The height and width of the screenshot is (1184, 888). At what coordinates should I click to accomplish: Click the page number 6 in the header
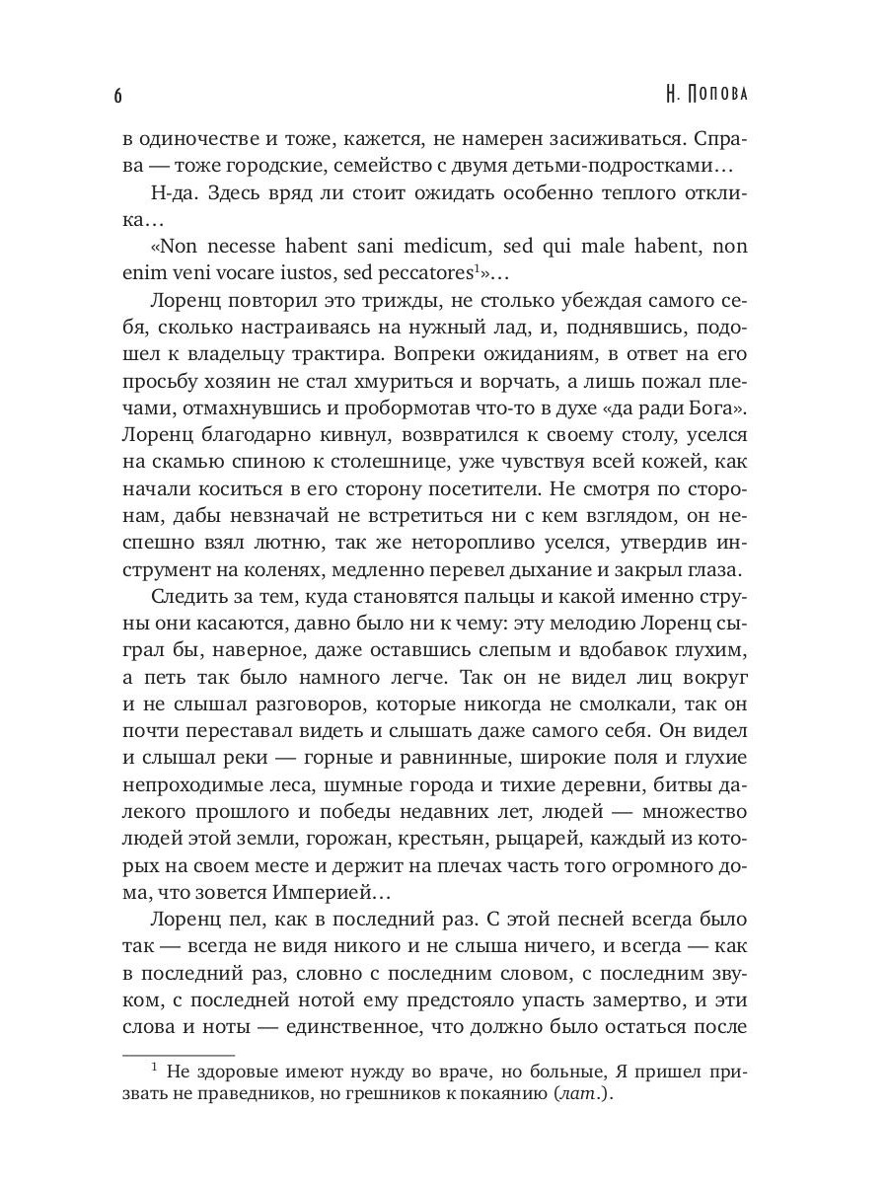coord(117,96)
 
